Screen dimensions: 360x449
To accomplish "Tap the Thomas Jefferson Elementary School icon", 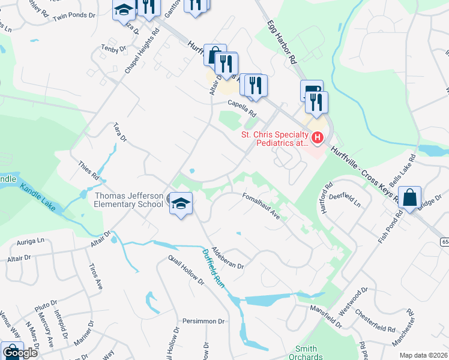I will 180,203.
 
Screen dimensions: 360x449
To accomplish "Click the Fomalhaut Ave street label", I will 261,205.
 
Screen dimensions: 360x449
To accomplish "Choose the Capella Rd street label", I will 241,109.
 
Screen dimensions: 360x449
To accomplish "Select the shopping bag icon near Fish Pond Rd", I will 409,197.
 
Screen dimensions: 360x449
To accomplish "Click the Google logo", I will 20,353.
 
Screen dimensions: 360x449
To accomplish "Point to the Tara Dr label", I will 121,133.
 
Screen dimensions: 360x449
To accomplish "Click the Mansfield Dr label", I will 325,317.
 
